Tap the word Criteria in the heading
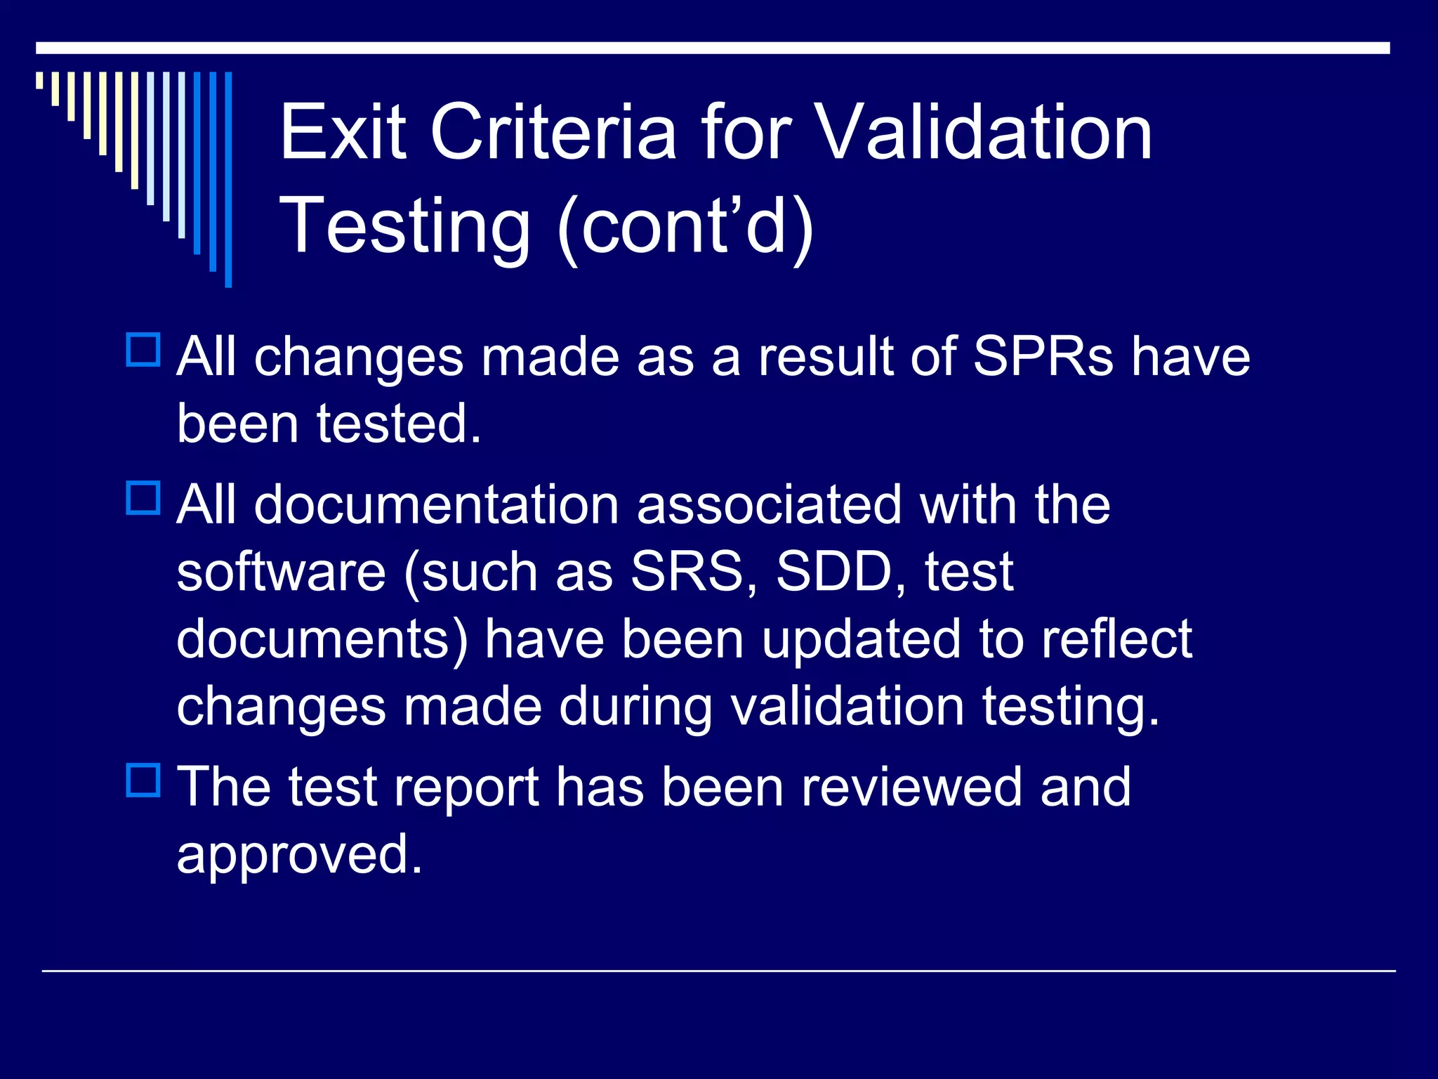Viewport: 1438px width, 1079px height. pyautogui.click(x=553, y=132)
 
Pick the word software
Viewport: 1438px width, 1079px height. pyautogui.click(x=281, y=572)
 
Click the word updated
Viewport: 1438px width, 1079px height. pyautogui.click(x=861, y=639)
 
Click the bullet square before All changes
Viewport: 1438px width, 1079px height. pyautogui.click(x=143, y=350)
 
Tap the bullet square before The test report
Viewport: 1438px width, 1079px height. pyautogui.click(x=143, y=780)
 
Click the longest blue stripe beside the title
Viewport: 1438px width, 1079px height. pyautogui.click(x=228, y=179)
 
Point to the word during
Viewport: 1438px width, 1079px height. pyautogui.click(x=635, y=707)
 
